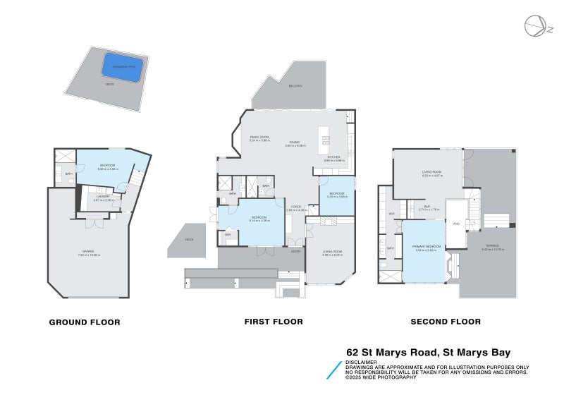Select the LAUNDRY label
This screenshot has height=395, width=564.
pyautogui.click(x=103, y=197)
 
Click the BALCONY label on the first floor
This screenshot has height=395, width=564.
pyautogui.click(x=295, y=85)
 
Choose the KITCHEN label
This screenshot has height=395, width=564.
pyautogui.click(x=333, y=157)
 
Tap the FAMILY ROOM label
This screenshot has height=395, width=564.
pyautogui.click(x=259, y=137)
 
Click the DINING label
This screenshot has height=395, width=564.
pyautogui.click(x=295, y=141)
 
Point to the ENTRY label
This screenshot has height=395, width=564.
pyautogui.click(x=297, y=250)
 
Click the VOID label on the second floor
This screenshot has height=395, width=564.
pyautogui.click(x=456, y=224)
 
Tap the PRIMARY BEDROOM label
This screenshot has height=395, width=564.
pyautogui.click(x=427, y=246)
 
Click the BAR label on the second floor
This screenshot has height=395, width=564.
pyautogui.click(x=427, y=206)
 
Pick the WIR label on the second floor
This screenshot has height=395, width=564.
pyautogui.click(x=391, y=212)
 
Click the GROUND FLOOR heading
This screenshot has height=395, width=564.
pyautogui.click(x=84, y=322)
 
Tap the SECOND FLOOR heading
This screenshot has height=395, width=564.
pyautogui.click(x=446, y=322)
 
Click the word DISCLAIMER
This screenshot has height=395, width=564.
pyautogui.click(x=360, y=362)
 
